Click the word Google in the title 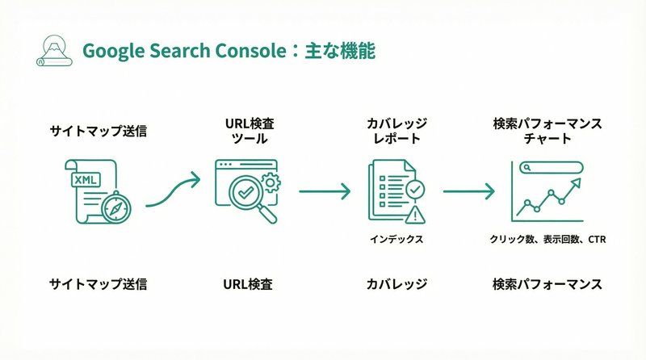(112, 51)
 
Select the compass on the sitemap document (117, 207)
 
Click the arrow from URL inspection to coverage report (325, 192)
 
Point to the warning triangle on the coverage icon (417, 214)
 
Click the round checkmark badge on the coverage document (414, 189)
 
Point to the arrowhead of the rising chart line (577, 184)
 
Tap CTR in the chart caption (597, 240)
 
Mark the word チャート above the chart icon (547, 139)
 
